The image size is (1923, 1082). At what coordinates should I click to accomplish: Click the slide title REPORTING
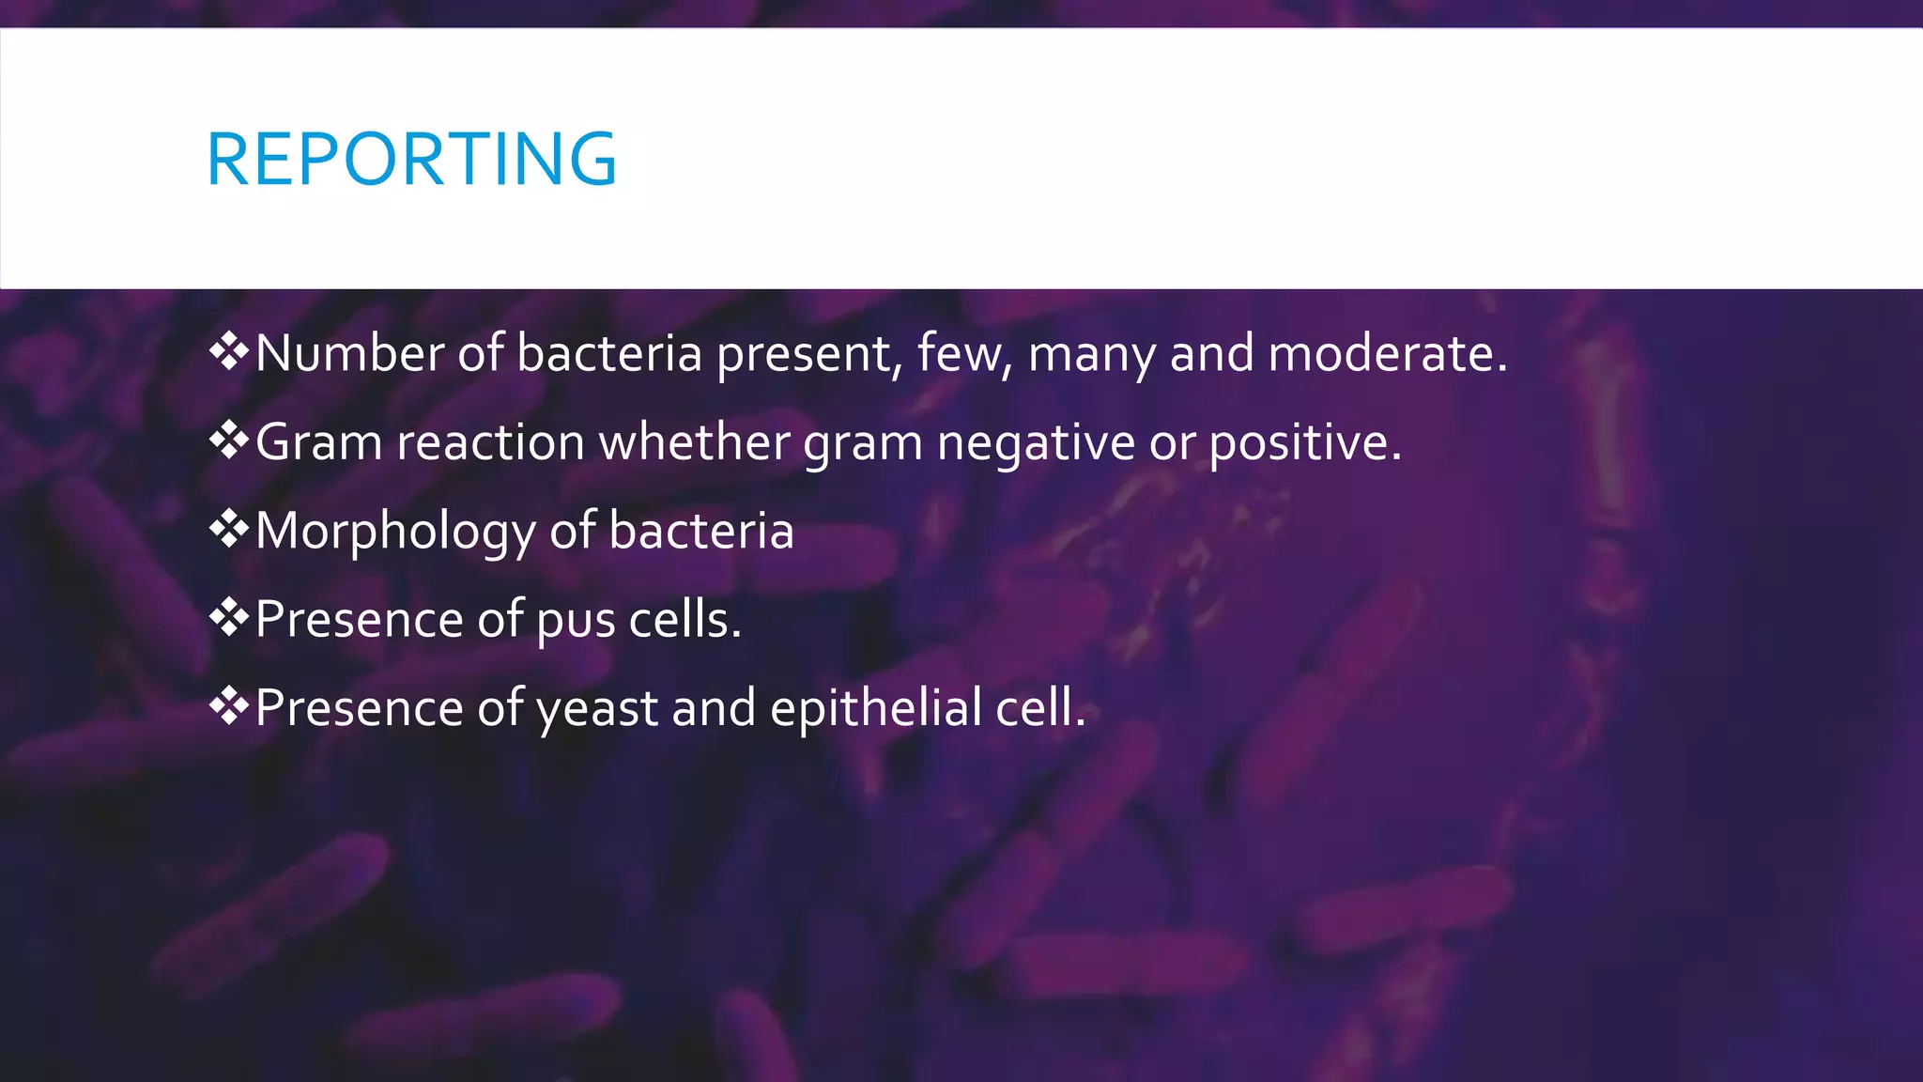[x=411, y=159]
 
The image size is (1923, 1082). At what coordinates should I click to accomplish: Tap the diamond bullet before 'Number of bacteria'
[x=228, y=352]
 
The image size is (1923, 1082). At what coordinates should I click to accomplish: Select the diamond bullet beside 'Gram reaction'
[x=228, y=441]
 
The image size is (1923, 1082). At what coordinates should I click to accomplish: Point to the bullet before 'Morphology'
[x=228, y=530]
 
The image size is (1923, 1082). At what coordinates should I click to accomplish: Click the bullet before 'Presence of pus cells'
[x=228, y=618]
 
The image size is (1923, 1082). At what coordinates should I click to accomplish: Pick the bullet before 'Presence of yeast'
[x=228, y=706]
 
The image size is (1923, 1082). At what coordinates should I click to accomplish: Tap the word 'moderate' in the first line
[x=1386, y=354]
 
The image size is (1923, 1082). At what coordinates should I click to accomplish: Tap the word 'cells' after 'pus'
[x=684, y=620]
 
